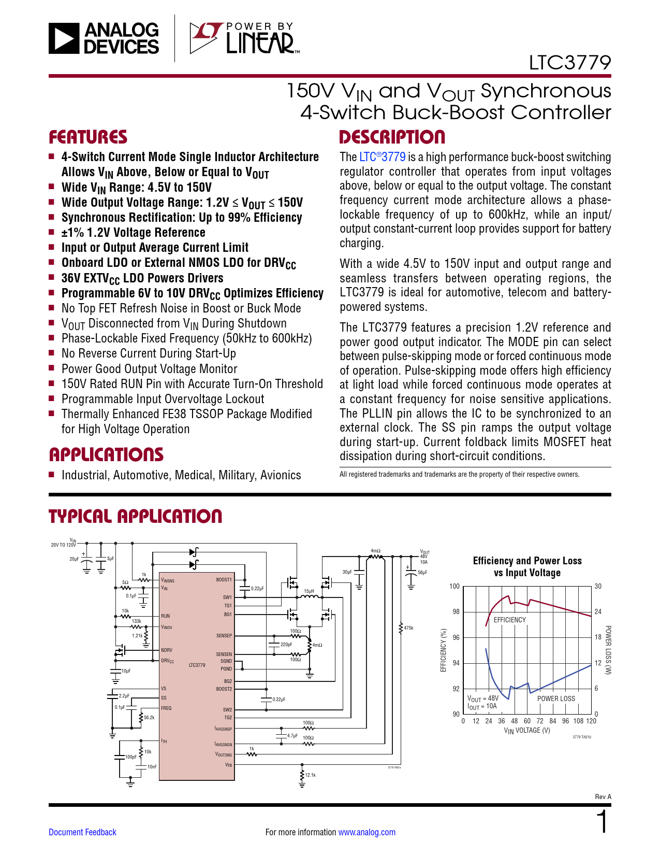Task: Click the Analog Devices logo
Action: click(x=104, y=38)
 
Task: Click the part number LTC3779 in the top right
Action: click(x=569, y=63)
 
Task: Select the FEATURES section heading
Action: click(x=88, y=137)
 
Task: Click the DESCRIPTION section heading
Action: click(x=392, y=137)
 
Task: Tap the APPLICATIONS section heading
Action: click(x=106, y=455)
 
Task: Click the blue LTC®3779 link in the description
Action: click(x=382, y=157)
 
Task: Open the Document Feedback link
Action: click(x=82, y=832)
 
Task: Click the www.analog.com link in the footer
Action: click(x=366, y=832)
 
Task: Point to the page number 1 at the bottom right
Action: click(x=602, y=822)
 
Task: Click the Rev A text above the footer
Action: click(x=603, y=796)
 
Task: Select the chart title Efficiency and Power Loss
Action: click(x=527, y=561)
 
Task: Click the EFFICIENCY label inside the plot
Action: click(x=509, y=620)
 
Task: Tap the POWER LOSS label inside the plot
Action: click(x=556, y=699)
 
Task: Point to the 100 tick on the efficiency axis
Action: click(x=454, y=587)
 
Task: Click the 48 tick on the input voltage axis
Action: click(x=514, y=721)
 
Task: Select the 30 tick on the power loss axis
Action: click(x=598, y=587)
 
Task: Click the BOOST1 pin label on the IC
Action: click(x=224, y=580)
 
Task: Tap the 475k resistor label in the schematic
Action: click(x=408, y=628)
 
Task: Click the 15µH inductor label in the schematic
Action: click(x=309, y=591)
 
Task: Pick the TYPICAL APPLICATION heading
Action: click(x=135, y=516)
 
